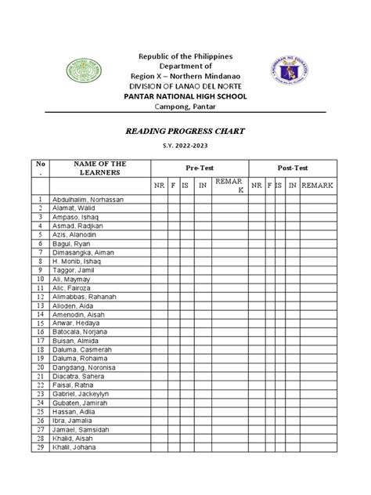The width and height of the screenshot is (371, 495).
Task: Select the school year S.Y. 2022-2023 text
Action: (x=185, y=148)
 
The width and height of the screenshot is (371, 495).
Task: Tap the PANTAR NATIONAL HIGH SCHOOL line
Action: (x=185, y=96)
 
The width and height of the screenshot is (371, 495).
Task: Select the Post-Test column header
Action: (x=294, y=168)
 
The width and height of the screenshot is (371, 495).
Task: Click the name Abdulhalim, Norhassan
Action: (x=88, y=200)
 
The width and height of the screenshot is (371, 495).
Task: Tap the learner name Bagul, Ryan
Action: (x=71, y=244)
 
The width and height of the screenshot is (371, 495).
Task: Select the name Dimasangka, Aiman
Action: (x=83, y=254)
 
